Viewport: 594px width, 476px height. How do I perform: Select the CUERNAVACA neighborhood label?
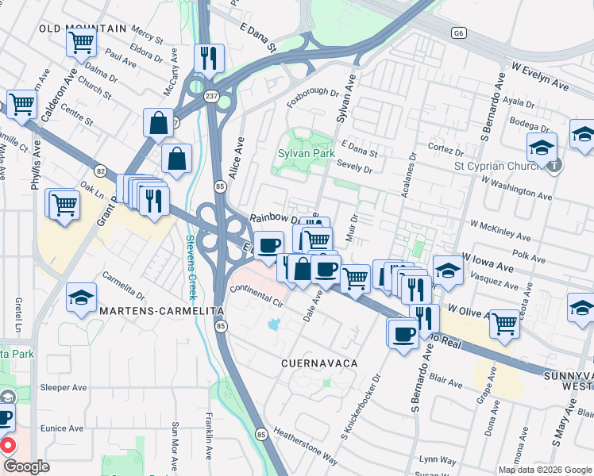318,363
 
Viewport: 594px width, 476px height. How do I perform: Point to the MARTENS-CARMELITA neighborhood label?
161,313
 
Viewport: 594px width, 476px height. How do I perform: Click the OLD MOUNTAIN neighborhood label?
83,29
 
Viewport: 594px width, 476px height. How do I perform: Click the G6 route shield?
458,33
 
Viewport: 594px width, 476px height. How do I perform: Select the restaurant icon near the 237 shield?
209,57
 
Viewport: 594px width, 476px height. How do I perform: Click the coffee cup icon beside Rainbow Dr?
269,244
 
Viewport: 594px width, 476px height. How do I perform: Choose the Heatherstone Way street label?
306,446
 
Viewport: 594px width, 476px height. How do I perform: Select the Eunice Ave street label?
64,428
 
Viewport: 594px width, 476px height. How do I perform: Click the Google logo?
26,466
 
